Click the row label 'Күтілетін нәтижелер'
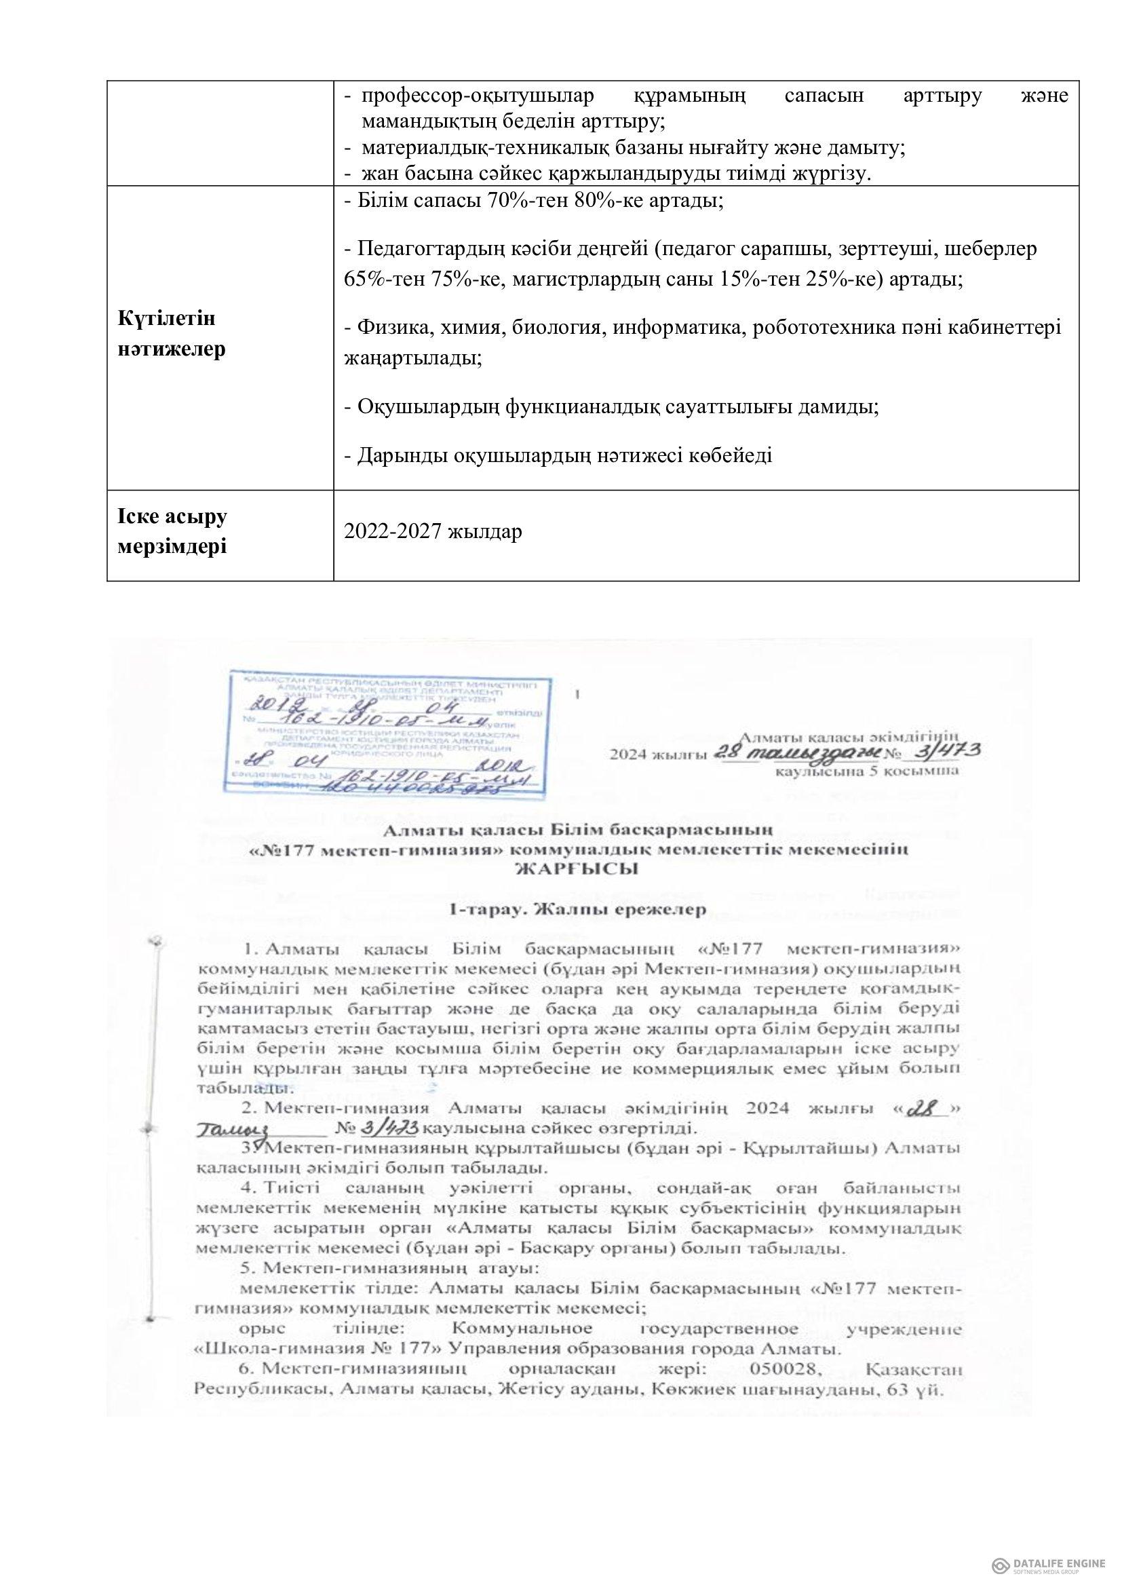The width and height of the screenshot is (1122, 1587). click(x=172, y=334)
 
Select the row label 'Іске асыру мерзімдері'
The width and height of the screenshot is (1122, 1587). click(x=173, y=532)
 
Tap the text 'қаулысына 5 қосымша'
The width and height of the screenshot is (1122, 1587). click(x=866, y=769)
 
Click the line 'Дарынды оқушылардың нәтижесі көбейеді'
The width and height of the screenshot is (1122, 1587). click(x=558, y=455)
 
